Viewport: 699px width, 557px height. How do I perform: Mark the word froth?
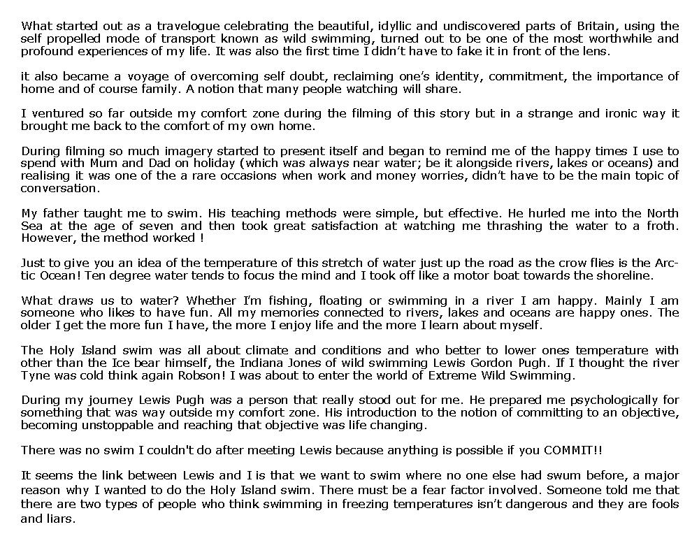(x=661, y=226)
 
